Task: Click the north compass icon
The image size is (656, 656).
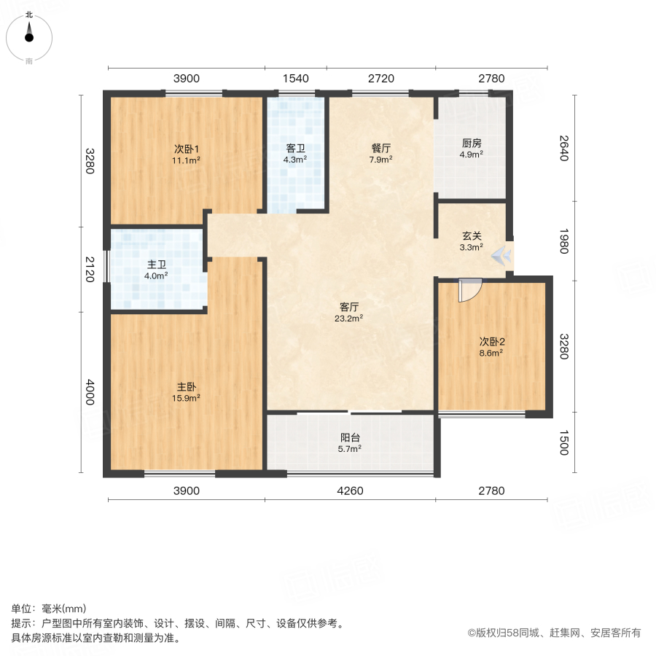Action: [x=29, y=33]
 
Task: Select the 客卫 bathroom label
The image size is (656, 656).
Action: [x=295, y=148]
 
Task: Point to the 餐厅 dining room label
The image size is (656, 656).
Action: [x=381, y=148]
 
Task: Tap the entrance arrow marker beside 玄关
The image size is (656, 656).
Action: [x=501, y=256]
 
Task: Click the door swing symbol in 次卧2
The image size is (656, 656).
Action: [x=468, y=289]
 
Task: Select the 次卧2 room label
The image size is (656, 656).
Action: [x=492, y=341]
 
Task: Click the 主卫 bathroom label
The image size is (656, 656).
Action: [x=156, y=265]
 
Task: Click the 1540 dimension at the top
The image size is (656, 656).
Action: [x=295, y=79]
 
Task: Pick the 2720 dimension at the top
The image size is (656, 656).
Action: [x=380, y=79]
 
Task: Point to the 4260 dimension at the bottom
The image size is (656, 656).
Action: [x=350, y=491]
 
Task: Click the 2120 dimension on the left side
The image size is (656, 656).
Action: [x=90, y=269]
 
